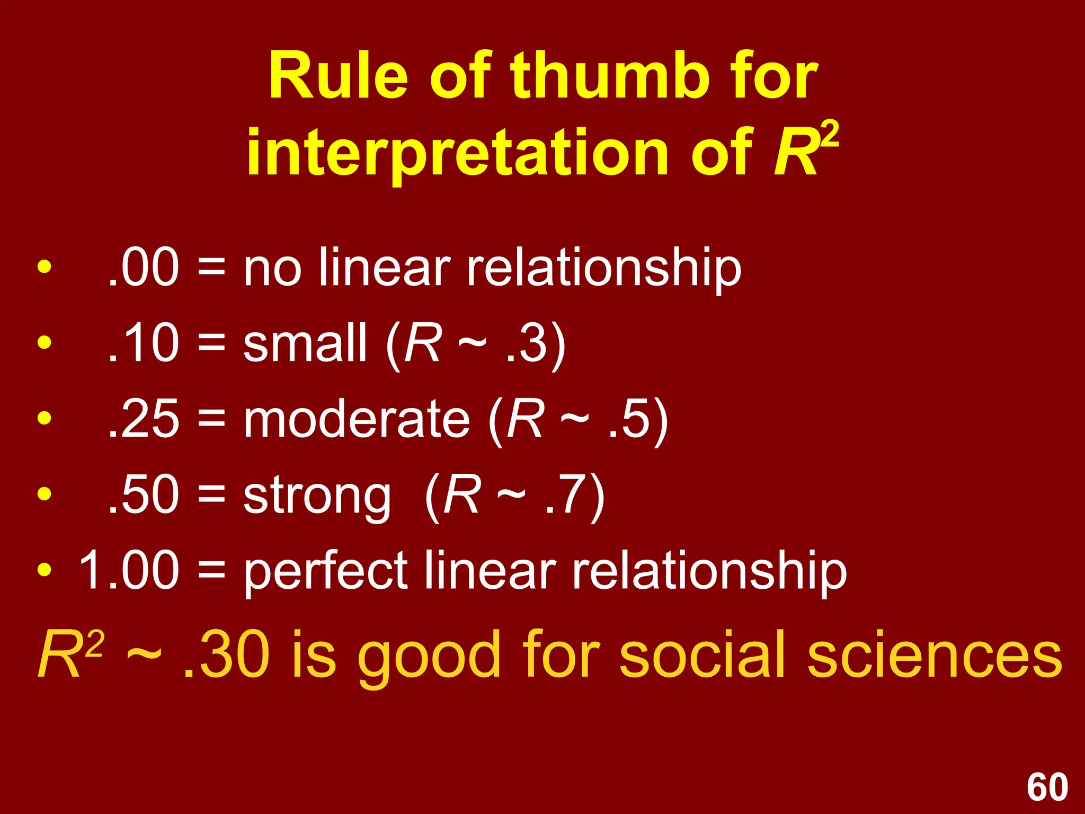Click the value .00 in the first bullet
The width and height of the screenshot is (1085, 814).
pyautogui.click(x=143, y=268)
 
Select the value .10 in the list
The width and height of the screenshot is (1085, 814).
pyautogui.click(x=143, y=343)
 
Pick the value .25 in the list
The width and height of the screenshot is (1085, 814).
pyautogui.click(x=143, y=419)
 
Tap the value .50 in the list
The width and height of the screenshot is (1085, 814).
pyautogui.click(x=143, y=495)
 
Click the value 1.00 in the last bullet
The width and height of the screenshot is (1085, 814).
pyautogui.click(x=129, y=571)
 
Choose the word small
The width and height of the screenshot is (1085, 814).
pyautogui.click(x=305, y=343)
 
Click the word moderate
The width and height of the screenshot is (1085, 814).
pyautogui.click(x=356, y=419)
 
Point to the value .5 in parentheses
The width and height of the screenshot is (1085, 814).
pyautogui.click(x=628, y=419)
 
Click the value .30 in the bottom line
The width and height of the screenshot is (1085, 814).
pyautogui.click(x=225, y=654)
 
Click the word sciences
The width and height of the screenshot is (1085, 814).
pyautogui.click(x=935, y=654)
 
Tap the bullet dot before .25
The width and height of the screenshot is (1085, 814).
pyautogui.click(x=45, y=419)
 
